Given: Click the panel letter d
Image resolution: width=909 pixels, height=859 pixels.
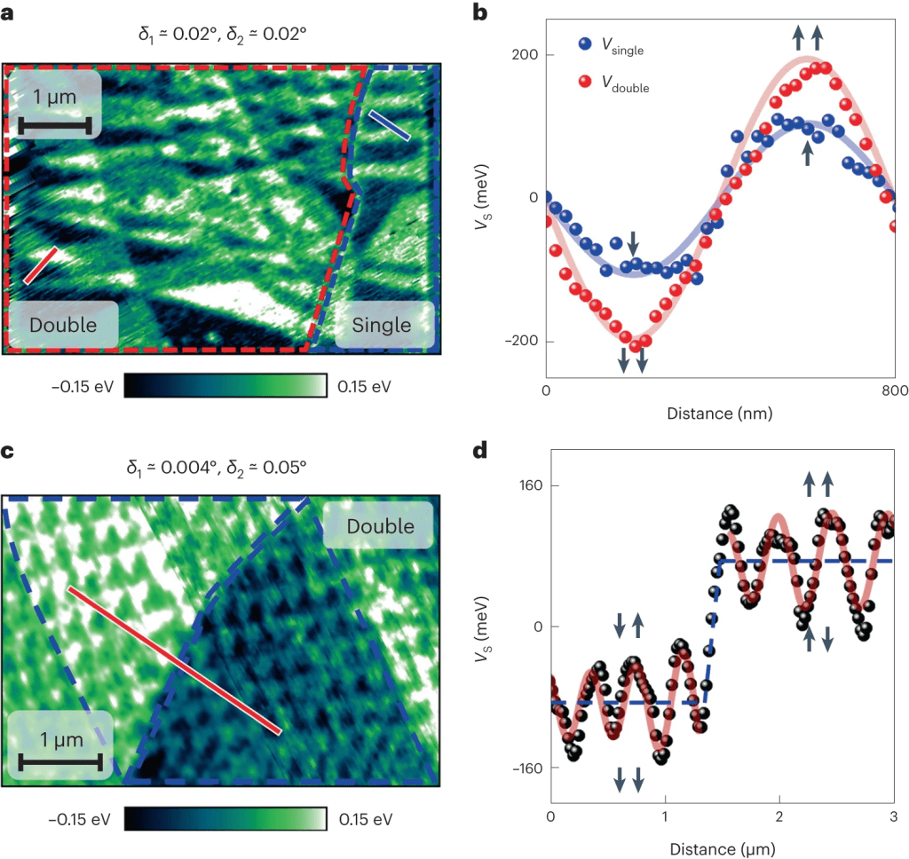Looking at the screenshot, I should pyautogui.click(x=480, y=450).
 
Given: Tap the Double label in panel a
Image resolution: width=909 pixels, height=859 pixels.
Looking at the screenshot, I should pyautogui.click(x=62, y=325).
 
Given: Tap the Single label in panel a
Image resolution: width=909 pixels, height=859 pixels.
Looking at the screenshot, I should pyautogui.click(x=382, y=325).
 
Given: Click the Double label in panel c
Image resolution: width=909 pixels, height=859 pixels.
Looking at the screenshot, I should pyautogui.click(x=379, y=526).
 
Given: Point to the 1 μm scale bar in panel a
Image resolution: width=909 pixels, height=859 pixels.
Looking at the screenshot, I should pyautogui.click(x=54, y=126).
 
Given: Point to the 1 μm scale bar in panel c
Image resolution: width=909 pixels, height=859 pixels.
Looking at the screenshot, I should pyautogui.click(x=60, y=760).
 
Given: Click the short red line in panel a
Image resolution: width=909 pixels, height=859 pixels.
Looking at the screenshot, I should pyautogui.click(x=41, y=264).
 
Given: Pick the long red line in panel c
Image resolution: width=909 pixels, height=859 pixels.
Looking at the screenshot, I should pyautogui.click(x=174, y=659).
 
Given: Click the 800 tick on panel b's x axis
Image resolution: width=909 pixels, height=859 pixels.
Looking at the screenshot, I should pyautogui.click(x=892, y=392).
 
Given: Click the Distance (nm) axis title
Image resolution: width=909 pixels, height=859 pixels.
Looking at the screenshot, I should pyautogui.click(x=720, y=414).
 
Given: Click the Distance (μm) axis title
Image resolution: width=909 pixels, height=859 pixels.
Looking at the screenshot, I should pyautogui.click(x=723, y=848).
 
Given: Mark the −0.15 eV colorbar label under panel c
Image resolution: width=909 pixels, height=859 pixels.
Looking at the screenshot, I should pyautogui.click(x=80, y=818).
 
